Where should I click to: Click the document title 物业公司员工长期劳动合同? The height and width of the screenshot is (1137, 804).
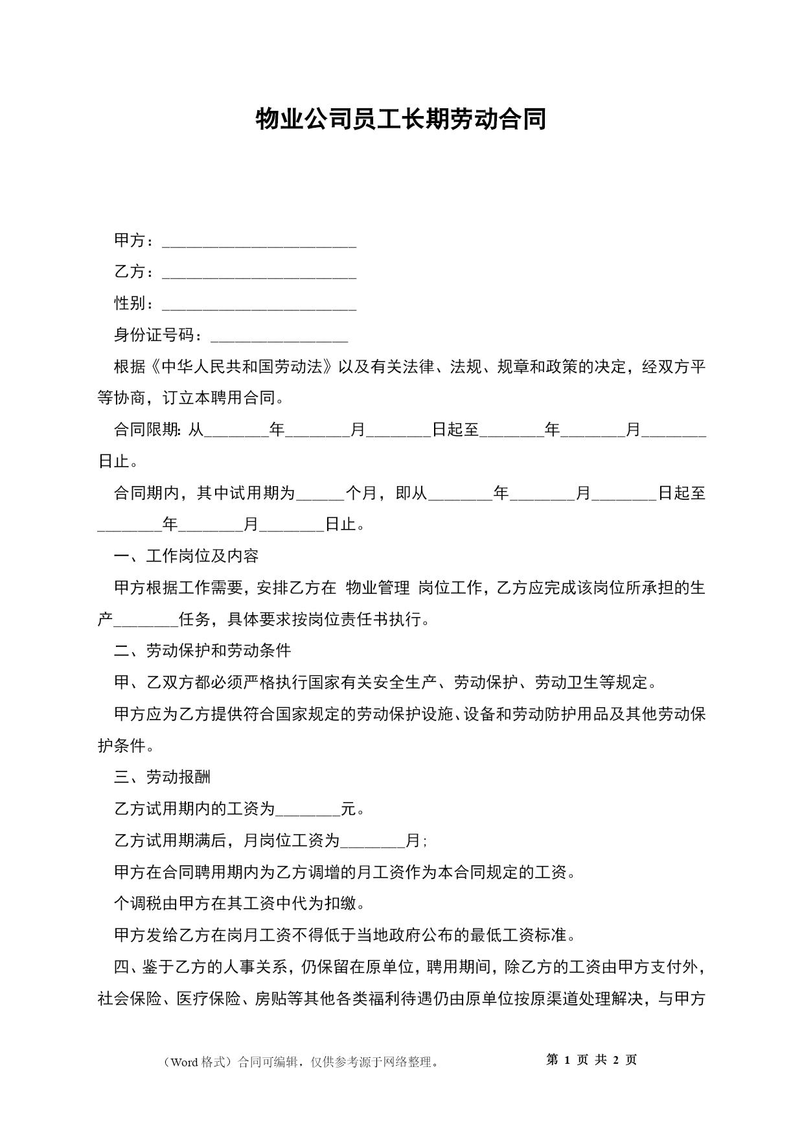click(401, 119)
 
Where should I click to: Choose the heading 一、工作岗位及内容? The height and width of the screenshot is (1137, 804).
click(187, 556)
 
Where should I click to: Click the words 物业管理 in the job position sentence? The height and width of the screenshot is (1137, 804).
click(378, 588)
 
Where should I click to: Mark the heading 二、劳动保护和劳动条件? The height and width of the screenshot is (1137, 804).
click(203, 651)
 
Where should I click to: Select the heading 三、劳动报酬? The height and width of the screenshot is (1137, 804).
click(163, 777)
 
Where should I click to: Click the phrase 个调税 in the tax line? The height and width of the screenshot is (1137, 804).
click(138, 904)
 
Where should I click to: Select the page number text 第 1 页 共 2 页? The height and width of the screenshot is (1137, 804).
click(592, 1061)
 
